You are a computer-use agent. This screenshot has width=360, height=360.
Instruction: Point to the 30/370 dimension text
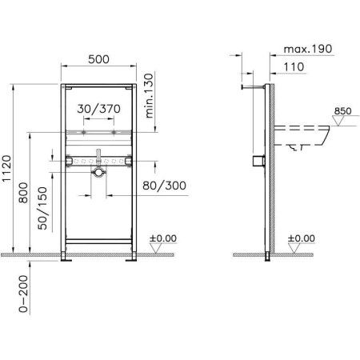99,110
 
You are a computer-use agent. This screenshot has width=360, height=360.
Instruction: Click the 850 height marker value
342,111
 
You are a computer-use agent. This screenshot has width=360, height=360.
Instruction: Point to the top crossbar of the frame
99,84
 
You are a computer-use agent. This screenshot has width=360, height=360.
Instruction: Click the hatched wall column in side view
273,168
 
